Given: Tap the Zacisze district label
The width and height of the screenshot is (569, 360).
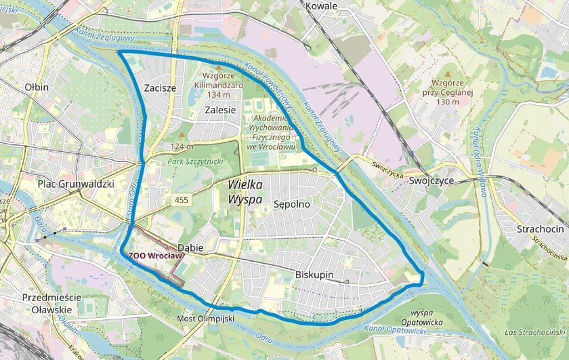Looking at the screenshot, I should point(161,88).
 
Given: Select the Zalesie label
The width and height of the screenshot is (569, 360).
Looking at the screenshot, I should point(220,109).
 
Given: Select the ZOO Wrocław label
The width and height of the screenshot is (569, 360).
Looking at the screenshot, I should point(156,256).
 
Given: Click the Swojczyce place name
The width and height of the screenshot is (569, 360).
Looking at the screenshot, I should point(431,181).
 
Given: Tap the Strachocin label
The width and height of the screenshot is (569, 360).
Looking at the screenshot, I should point(540,228).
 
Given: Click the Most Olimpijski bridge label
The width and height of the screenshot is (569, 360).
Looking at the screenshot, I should point(205,318).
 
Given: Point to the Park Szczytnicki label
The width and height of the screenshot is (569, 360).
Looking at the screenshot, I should point(196,161).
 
